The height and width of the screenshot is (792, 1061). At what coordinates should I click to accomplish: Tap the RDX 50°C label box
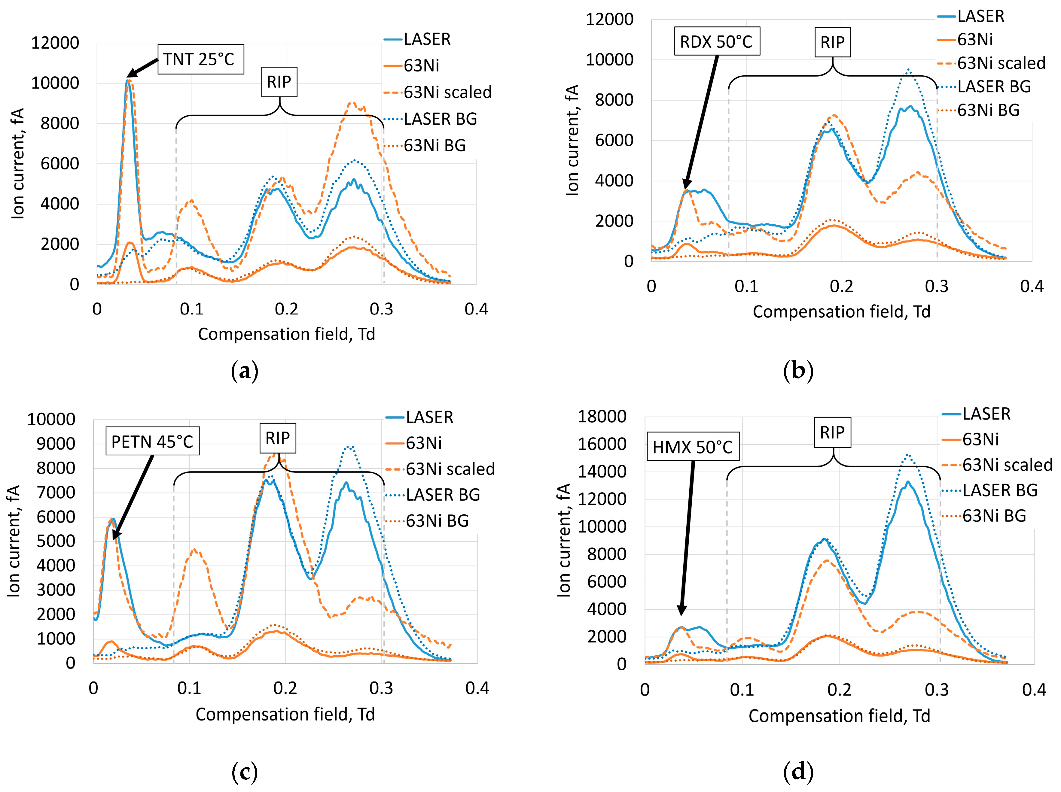click(717, 42)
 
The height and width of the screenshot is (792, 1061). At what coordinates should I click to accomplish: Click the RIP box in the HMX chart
click(832, 432)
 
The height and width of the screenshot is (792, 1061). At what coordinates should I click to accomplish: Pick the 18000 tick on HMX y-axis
click(602, 416)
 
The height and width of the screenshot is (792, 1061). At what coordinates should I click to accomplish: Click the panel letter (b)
click(798, 371)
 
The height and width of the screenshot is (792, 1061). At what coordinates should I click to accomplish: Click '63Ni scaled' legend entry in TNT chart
click(447, 92)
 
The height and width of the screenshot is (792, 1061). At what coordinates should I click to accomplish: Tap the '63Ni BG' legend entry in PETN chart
click(437, 521)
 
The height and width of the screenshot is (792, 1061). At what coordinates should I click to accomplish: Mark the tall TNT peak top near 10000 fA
click(128, 80)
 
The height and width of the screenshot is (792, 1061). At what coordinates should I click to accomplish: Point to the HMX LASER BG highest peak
click(907, 454)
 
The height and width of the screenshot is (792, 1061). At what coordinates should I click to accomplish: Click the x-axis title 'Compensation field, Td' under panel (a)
click(286, 334)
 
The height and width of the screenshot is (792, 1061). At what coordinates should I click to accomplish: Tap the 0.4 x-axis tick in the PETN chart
click(477, 688)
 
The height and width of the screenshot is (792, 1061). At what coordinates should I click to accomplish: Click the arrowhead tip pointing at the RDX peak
click(685, 190)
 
